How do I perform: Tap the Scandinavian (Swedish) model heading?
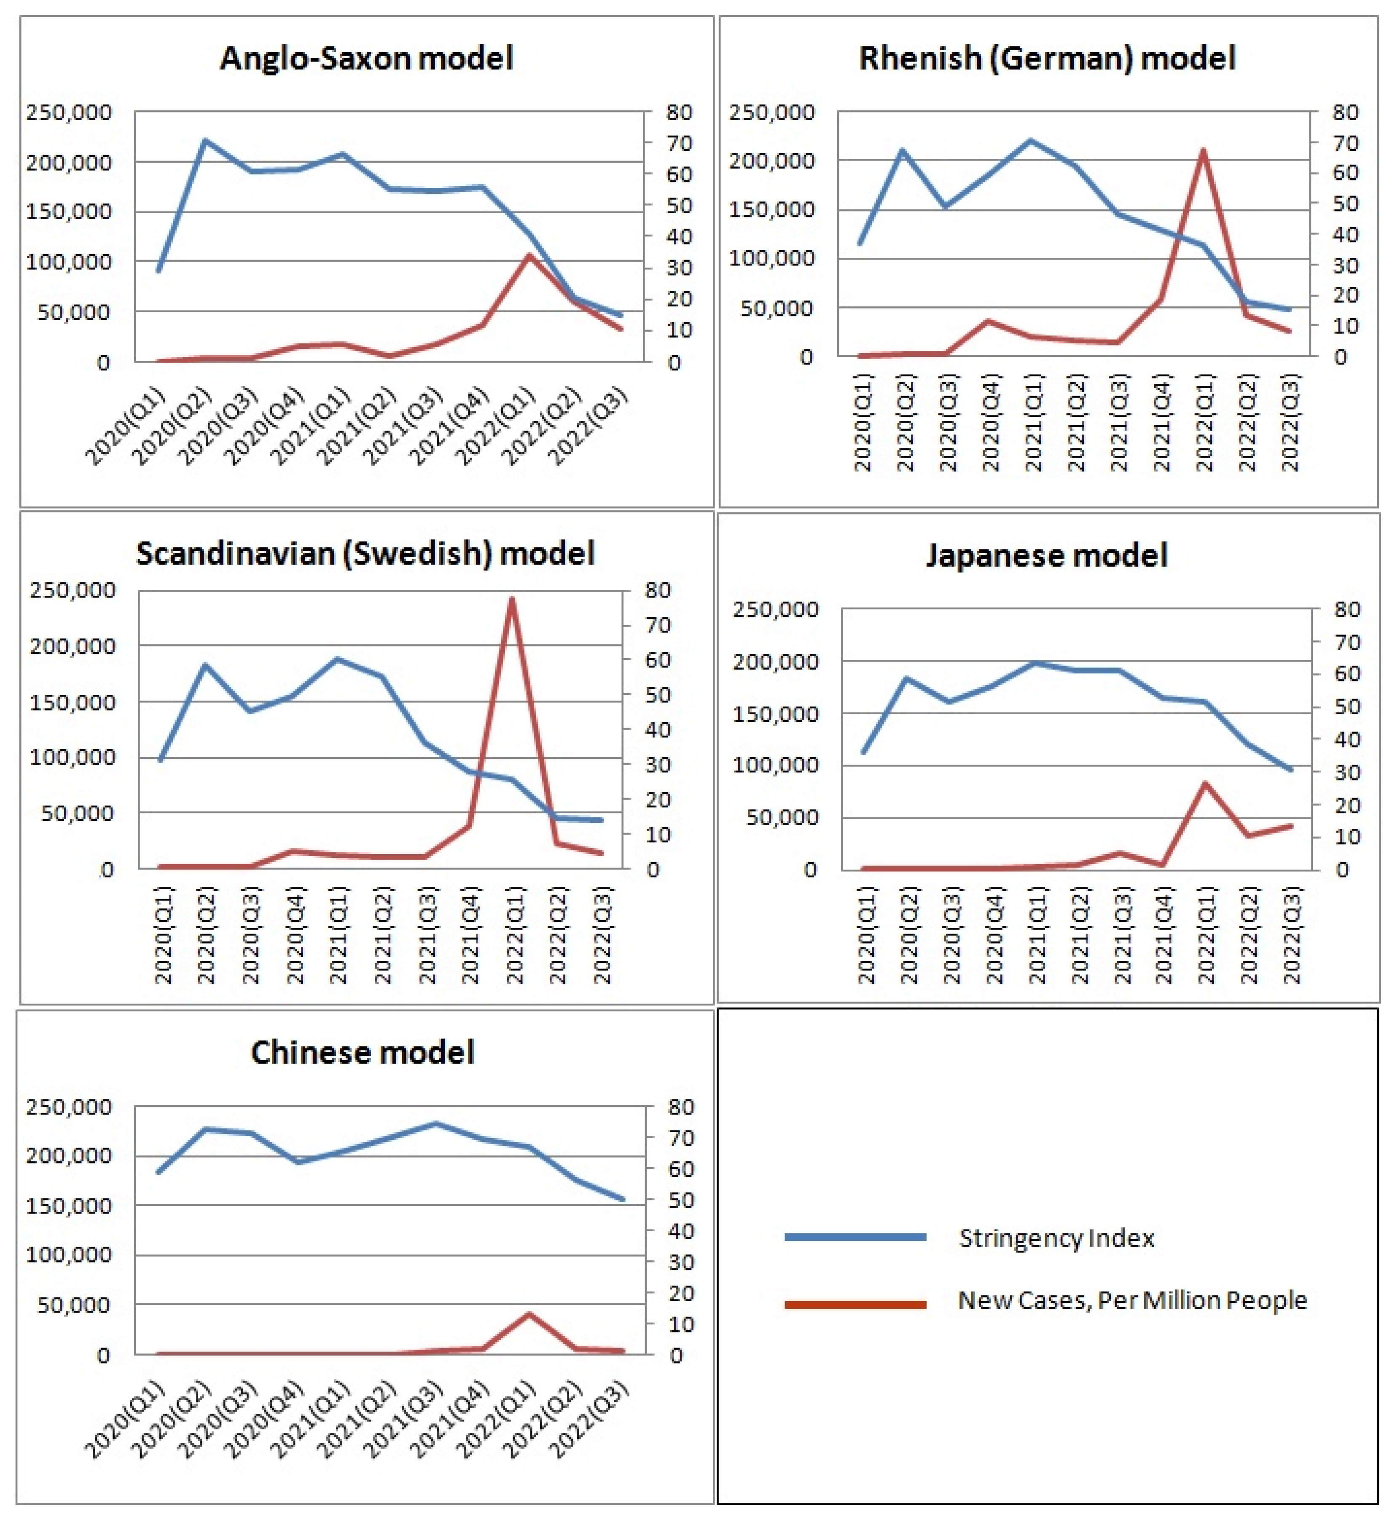365,553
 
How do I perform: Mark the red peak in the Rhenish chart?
1203,150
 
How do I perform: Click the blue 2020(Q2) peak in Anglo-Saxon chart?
205,141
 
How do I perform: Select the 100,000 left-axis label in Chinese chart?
69,1255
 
